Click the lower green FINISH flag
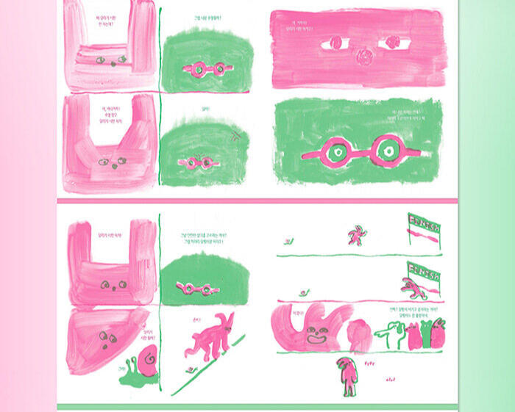coord(425,269)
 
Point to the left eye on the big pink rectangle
coord(335,43)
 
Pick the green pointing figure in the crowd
coord(388,335)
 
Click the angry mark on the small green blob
coord(235,134)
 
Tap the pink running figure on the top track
coord(356,234)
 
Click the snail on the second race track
coord(303,297)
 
